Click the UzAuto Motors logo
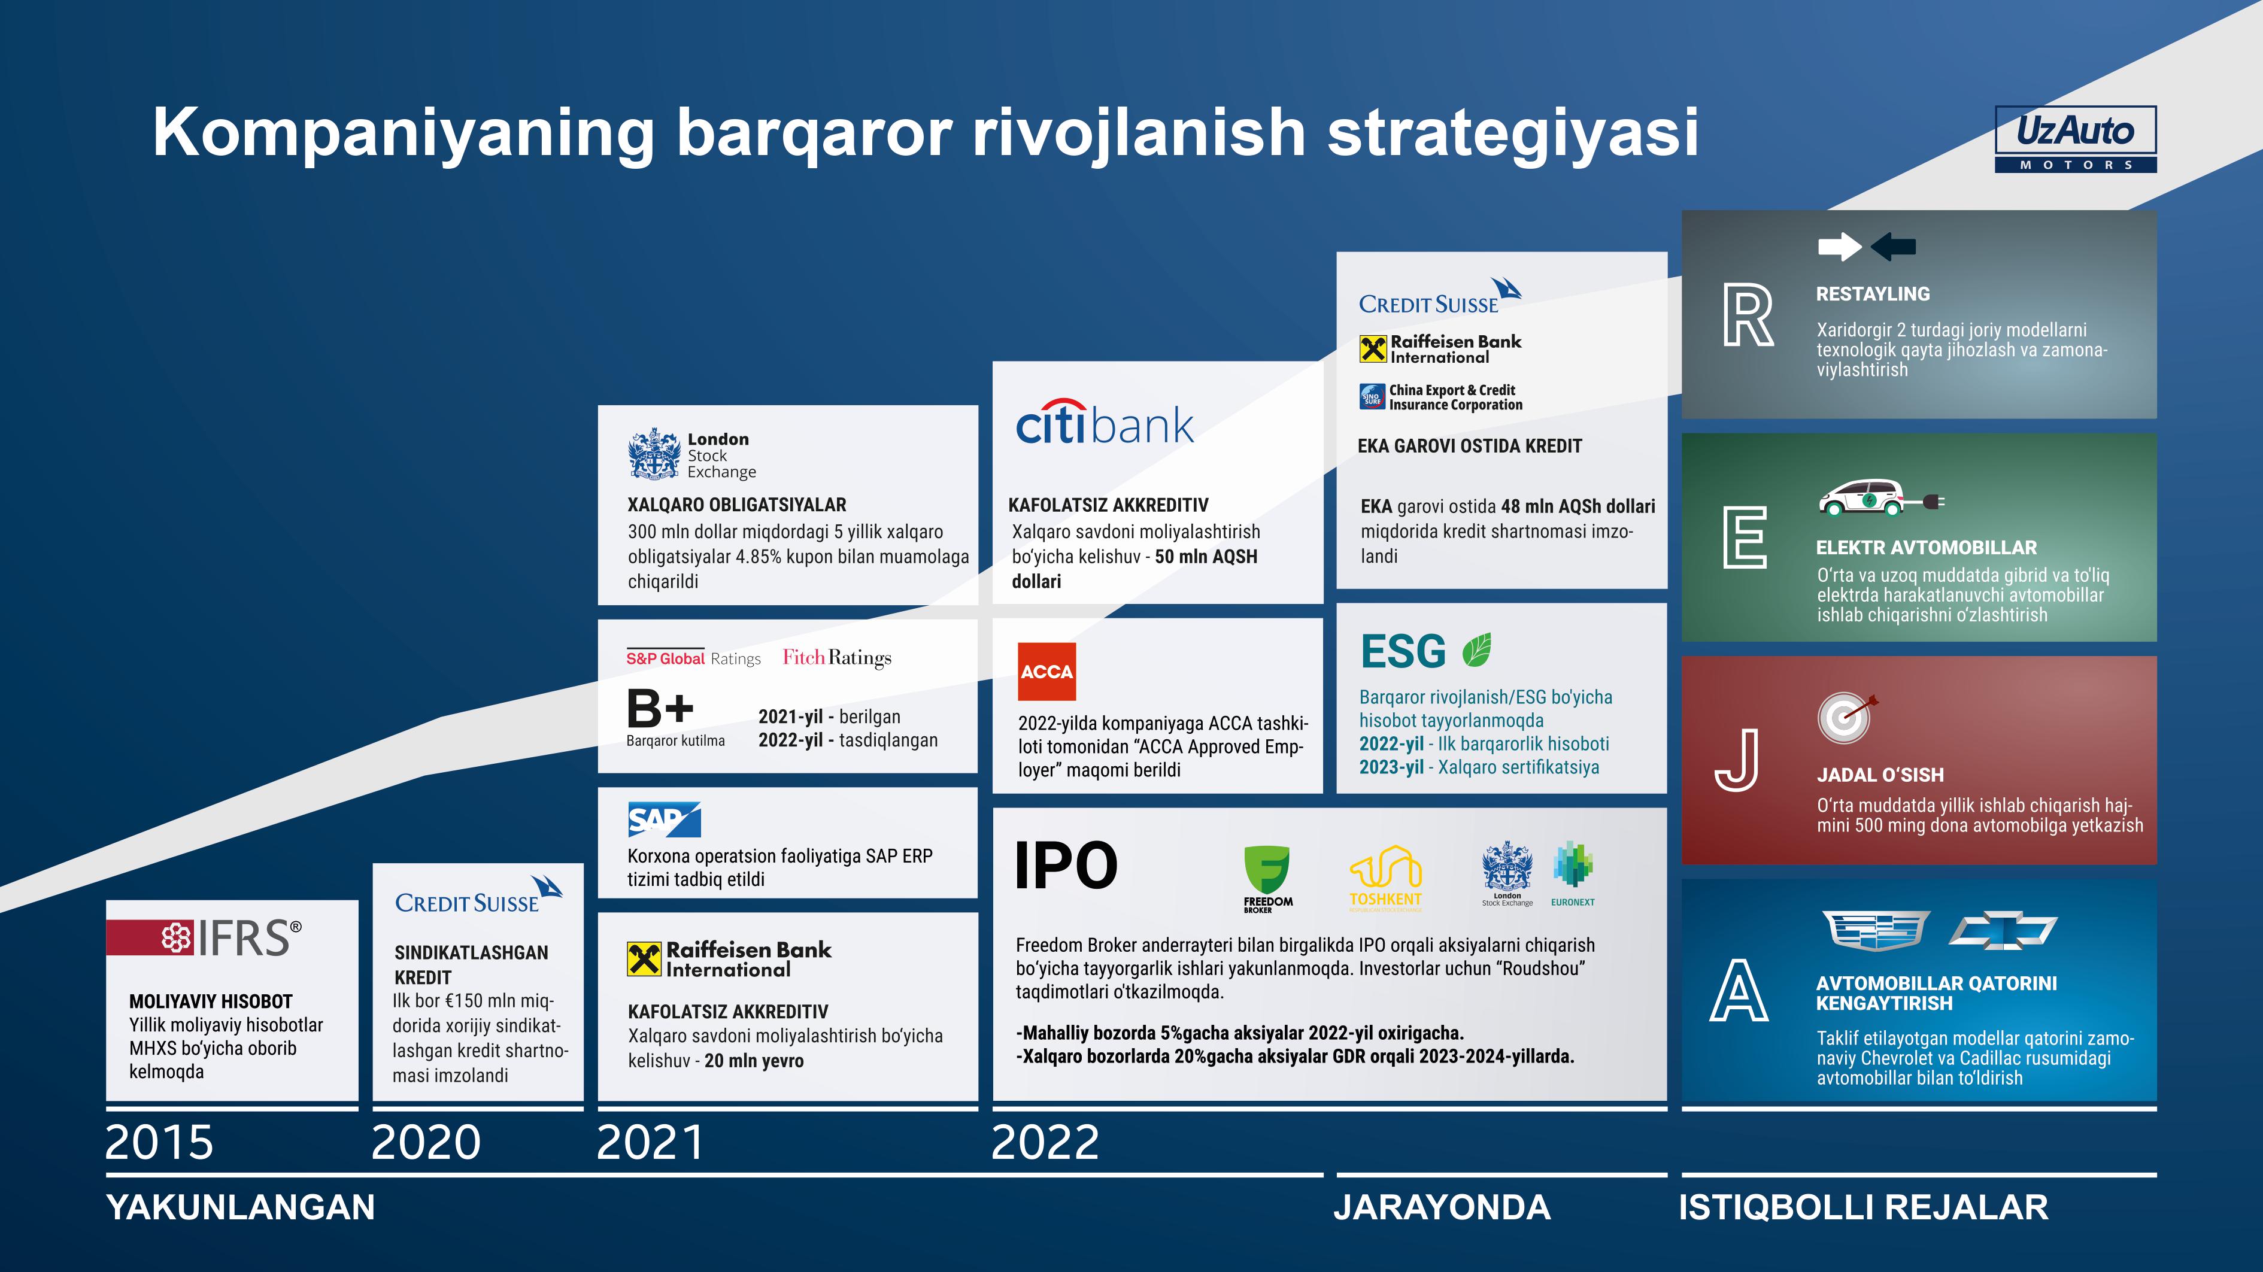(2075, 139)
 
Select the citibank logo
(1105, 423)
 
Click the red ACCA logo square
(1046, 672)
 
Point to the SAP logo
(664, 819)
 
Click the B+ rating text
(660, 708)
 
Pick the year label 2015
(159, 1142)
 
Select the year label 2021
(650, 1142)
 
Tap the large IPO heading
(1066, 866)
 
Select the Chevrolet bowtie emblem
(2003, 930)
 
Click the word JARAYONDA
(1442, 1207)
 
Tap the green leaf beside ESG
(1477, 650)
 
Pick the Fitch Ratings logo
(837, 658)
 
